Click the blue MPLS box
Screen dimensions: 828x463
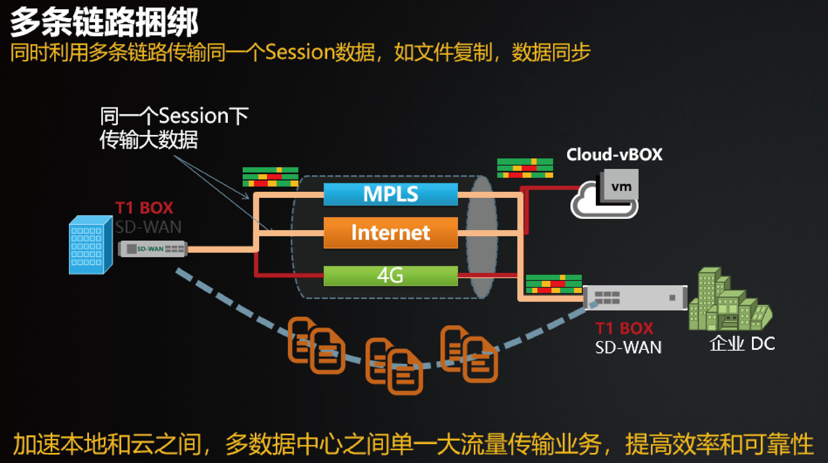coord(390,194)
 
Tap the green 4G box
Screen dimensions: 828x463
coord(390,276)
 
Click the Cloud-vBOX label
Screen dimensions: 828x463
coord(614,155)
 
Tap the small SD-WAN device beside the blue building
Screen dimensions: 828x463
coord(153,249)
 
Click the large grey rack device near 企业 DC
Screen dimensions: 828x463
coord(635,298)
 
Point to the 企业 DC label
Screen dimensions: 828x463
coord(742,344)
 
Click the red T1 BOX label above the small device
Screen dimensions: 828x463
coord(144,208)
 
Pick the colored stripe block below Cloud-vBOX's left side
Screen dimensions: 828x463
coord(525,168)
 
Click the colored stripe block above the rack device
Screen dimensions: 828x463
coord(554,284)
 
